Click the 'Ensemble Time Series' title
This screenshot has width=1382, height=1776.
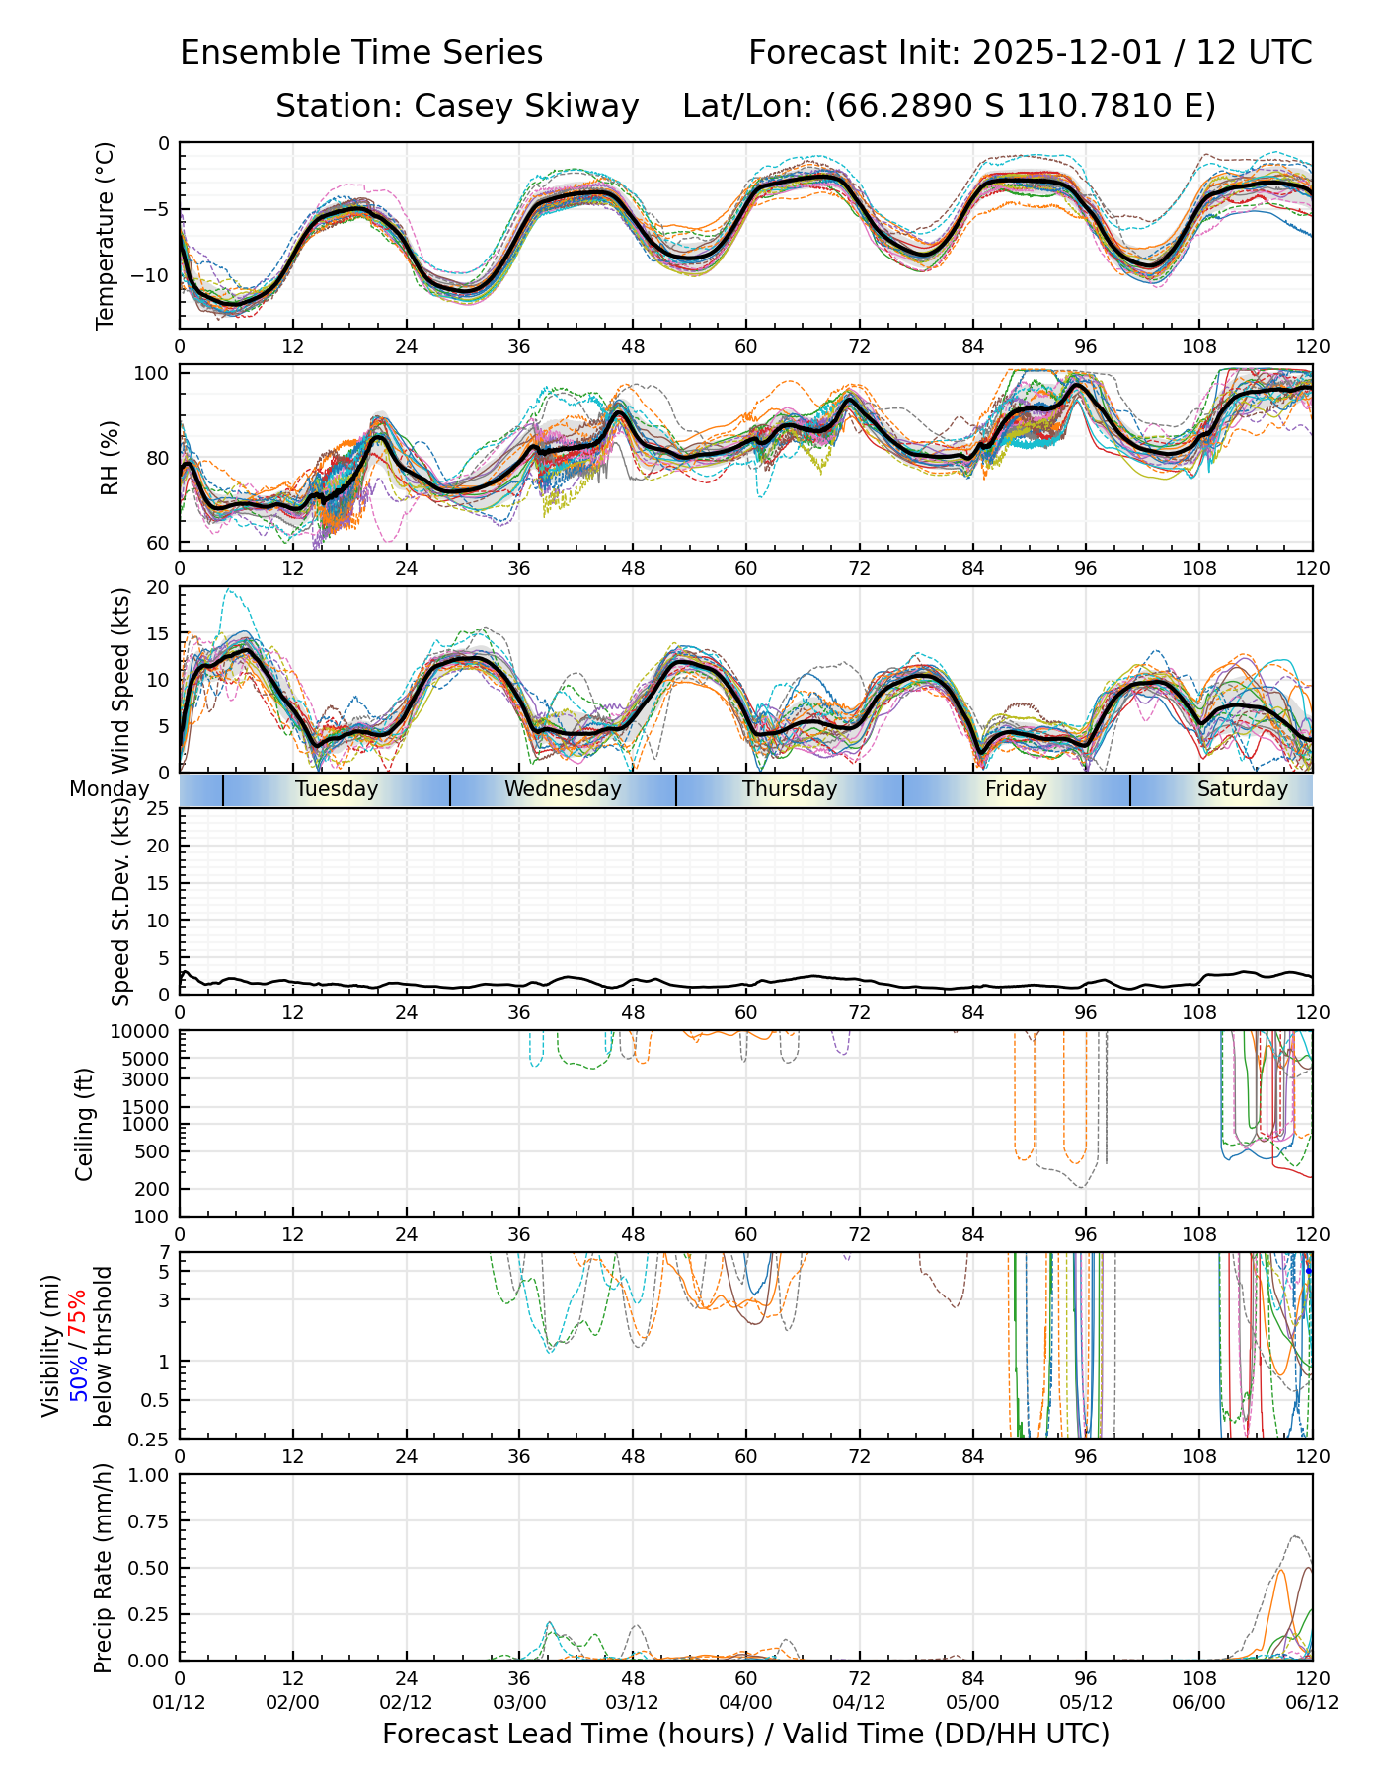[361, 53]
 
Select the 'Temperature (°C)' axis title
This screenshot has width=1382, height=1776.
[106, 235]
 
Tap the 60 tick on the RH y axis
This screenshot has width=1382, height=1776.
[158, 543]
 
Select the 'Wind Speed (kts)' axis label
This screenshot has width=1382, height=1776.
[120, 680]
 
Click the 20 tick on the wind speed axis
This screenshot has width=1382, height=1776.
[158, 587]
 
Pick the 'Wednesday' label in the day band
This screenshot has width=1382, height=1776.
[563, 789]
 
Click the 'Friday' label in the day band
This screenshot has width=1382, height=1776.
[1016, 789]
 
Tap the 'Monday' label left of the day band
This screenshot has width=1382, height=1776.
[109, 789]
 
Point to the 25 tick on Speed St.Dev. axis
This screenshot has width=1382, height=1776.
[158, 809]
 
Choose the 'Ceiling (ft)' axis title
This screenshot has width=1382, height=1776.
[85, 1124]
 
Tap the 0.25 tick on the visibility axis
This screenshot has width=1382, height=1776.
[151, 1438]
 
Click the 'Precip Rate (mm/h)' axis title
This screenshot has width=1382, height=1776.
[103, 1568]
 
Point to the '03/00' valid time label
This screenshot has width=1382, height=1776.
[519, 1703]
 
